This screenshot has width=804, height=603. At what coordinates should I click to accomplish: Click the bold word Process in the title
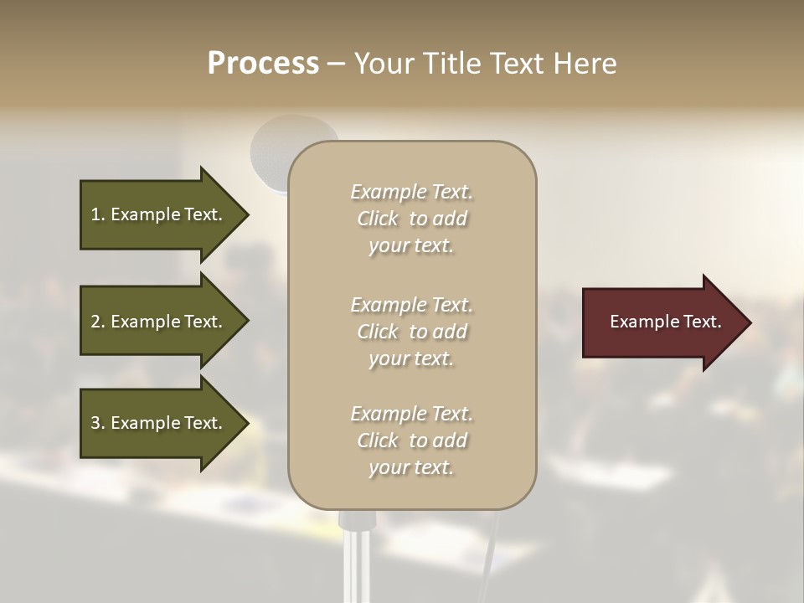click(x=263, y=64)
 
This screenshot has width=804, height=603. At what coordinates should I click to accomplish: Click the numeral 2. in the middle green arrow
click(x=98, y=322)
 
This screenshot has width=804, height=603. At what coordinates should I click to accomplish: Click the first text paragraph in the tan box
click(x=411, y=219)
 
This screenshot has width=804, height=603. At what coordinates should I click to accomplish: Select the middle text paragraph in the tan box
click(x=411, y=332)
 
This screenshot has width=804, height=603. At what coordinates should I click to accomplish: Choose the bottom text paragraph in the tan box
click(x=411, y=441)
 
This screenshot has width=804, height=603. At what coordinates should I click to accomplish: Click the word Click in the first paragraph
click(x=378, y=219)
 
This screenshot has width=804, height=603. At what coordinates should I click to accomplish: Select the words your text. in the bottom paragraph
click(x=411, y=468)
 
